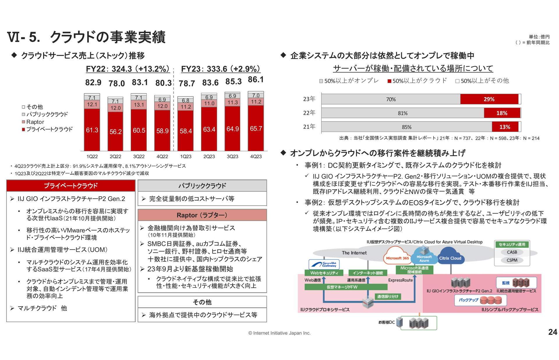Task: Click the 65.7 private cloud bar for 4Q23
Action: [x=256, y=128]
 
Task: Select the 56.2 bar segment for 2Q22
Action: [x=116, y=131]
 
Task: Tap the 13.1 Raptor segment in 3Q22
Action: [x=139, y=105]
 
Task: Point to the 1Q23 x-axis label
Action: [x=186, y=156]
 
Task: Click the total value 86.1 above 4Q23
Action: [x=256, y=80]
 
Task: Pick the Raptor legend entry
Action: [x=35, y=122]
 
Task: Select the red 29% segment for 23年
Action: [x=489, y=99]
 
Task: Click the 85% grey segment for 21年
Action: [x=406, y=127]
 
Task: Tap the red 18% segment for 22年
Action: [x=502, y=113]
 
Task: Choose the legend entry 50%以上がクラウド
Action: [x=417, y=81]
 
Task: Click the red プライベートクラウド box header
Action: [x=71, y=186]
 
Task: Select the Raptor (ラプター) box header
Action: [x=202, y=215]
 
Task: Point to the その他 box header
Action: [x=202, y=302]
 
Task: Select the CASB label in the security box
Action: [x=512, y=252]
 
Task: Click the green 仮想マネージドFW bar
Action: [x=346, y=287]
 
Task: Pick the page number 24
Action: [x=552, y=332]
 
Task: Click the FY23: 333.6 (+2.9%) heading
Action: [x=220, y=69]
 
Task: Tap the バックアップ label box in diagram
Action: [x=468, y=300]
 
